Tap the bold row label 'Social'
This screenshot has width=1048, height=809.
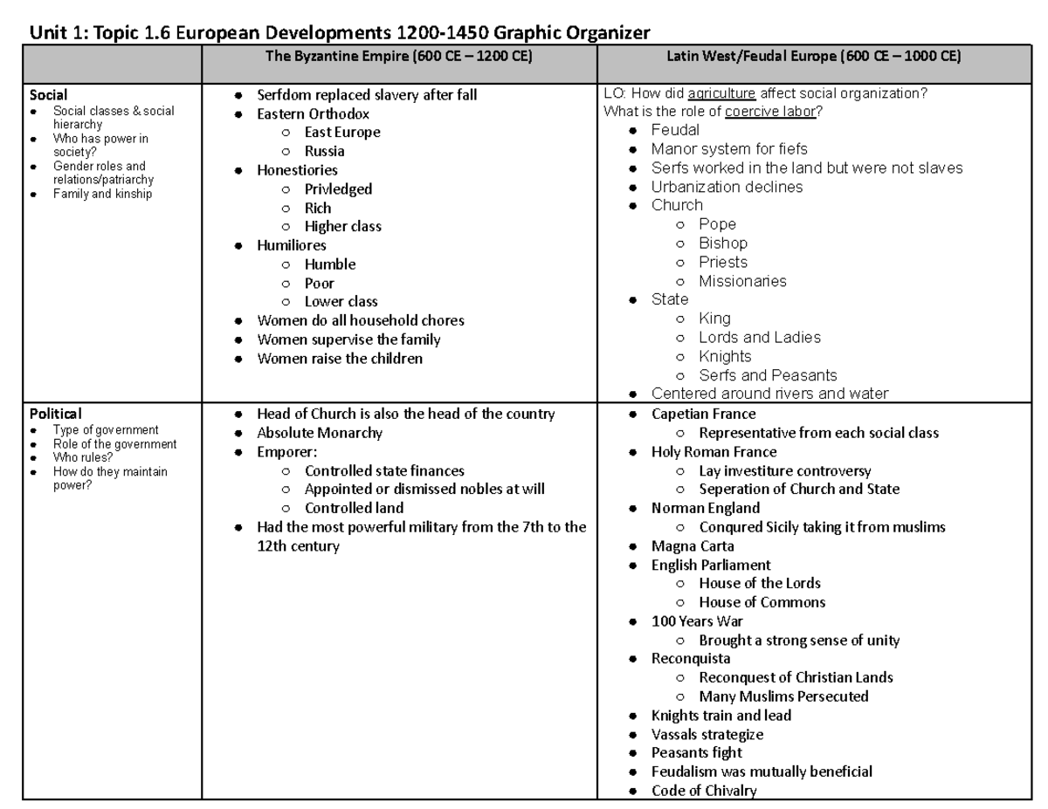49,95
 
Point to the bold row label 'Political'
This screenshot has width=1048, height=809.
56,414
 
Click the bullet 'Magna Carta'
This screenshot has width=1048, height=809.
693,546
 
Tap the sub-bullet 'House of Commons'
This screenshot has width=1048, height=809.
762,602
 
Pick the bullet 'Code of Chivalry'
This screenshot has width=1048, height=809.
704,791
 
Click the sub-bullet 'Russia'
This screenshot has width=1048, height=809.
324,151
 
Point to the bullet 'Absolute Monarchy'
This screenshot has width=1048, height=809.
320,433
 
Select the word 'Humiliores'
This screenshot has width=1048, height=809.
292,245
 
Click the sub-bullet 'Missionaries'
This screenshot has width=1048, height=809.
742,281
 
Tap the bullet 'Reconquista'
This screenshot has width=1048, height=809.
691,658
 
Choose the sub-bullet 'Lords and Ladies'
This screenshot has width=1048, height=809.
760,337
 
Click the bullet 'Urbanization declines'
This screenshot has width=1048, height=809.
727,187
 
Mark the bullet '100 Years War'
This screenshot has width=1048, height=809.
697,621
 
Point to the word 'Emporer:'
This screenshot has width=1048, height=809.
286,452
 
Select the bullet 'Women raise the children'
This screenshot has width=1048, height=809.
340,359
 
